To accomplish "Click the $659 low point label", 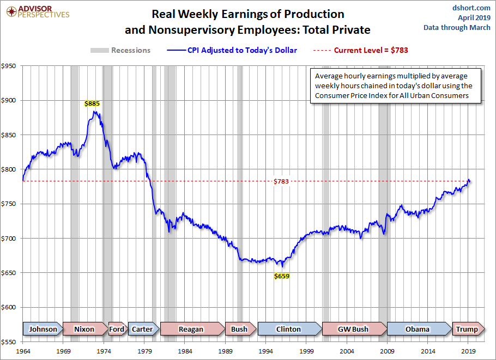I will (x=281, y=276).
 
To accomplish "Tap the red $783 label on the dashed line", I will (x=281, y=181).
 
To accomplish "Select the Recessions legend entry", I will (x=120, y=50).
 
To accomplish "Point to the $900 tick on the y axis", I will (x=10, y=100).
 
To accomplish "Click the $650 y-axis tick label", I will (x=10, y=273).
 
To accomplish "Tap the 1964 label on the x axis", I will (x=23, y=351).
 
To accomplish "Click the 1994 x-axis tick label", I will (x=266, y=351).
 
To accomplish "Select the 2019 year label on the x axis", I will (x=469, y=351).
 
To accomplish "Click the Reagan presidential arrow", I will (x=191, y=329).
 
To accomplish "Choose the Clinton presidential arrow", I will (x=288, y=329).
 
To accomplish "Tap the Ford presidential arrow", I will (x=117, y=329).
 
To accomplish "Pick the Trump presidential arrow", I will (x=467, y=329).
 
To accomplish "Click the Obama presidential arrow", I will (x=418, y=329).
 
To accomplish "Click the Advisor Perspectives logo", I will (x=37, y=11).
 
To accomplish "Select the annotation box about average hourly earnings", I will (x=394, y=86).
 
